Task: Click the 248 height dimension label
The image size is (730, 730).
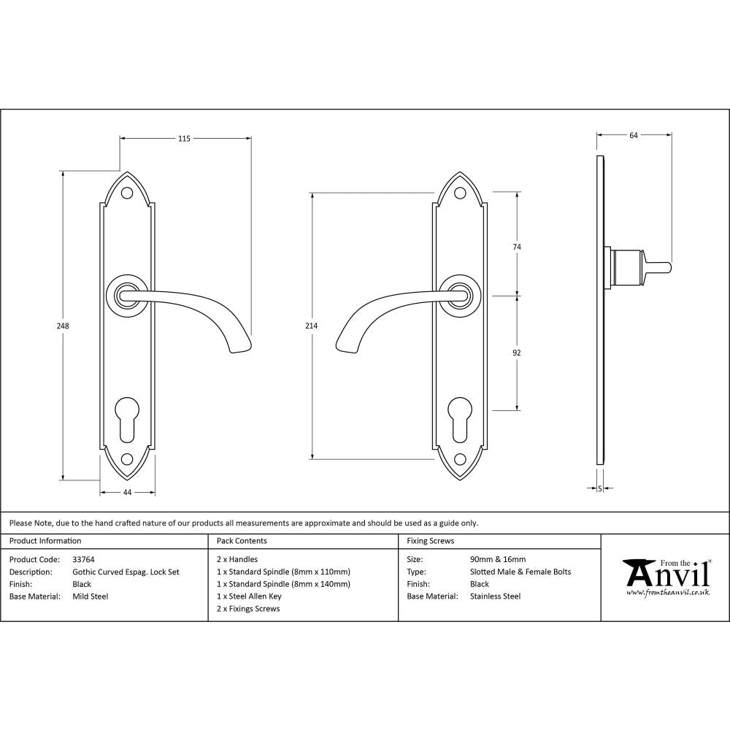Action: click(64, 326)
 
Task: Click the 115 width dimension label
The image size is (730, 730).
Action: click(184, 139)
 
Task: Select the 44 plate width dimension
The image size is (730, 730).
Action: click(127, 493)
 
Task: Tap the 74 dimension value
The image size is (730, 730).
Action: click(517, 247)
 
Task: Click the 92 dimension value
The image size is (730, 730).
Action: click(517, 353)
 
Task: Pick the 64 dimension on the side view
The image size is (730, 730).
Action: click(633, 135)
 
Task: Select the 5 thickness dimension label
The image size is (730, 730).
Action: click(599, 489)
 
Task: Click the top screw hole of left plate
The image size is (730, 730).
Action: click(127, 194)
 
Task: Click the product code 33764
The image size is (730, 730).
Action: click(84, 560)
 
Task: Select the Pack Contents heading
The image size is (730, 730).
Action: click(242, 541)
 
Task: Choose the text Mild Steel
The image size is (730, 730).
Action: click(91, 596)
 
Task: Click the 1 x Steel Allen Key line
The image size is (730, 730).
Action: click(249, 596)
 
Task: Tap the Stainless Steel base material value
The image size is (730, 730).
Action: click(496, 596)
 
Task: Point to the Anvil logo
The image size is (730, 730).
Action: click(665, 577)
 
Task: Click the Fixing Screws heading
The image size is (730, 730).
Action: click(430, 541)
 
